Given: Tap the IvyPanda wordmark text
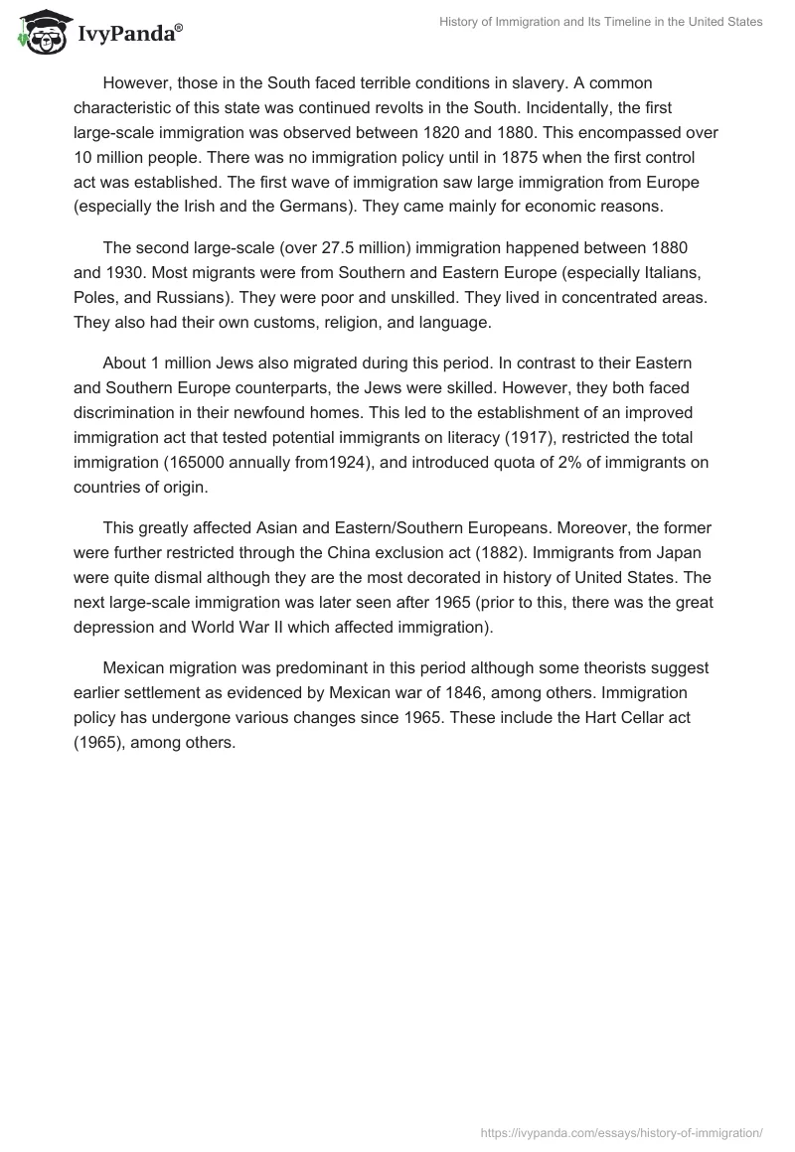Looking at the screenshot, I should pos(129,35).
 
